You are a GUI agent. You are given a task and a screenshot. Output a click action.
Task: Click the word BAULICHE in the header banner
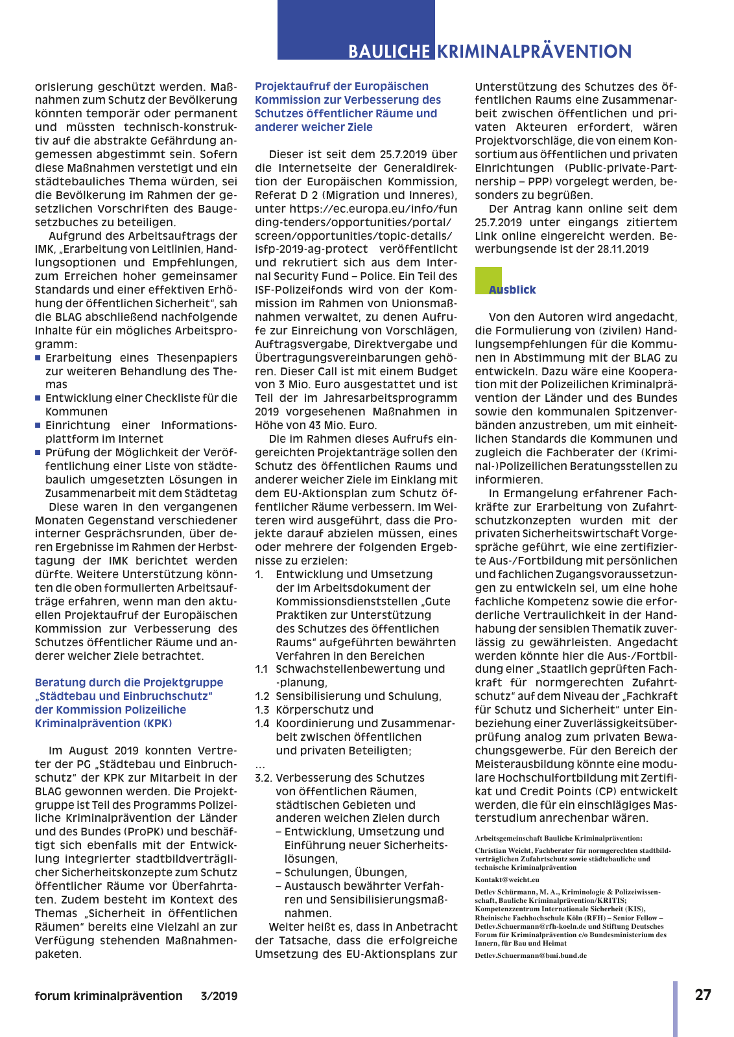[x=389, y=52]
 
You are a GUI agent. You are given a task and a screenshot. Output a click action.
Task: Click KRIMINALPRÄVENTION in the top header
[x=534, y=52]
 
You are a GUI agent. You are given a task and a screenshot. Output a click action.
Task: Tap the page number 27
[x=703, y=995]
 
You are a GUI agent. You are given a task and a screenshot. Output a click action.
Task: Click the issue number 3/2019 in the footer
[x=219, y=996]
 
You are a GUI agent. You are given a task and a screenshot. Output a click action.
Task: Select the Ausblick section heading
[x=513, y=290]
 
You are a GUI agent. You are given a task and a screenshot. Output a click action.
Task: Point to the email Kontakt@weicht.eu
[x=506, y=880]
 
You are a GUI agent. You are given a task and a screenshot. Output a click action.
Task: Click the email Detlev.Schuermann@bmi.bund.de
[x=530, y=955]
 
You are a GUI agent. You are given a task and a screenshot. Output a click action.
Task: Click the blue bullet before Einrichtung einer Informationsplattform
[x=38, y=425]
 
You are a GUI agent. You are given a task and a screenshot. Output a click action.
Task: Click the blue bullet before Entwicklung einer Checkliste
[x=38, y=398]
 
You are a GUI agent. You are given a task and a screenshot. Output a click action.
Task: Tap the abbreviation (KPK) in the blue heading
[x=157, y=723]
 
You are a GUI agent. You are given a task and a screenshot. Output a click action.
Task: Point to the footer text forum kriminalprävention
[x=108, y=996]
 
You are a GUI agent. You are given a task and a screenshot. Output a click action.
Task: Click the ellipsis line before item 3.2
[x=260, y=765]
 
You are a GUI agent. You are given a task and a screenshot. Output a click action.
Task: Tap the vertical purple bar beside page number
[x=675, y=1008]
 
